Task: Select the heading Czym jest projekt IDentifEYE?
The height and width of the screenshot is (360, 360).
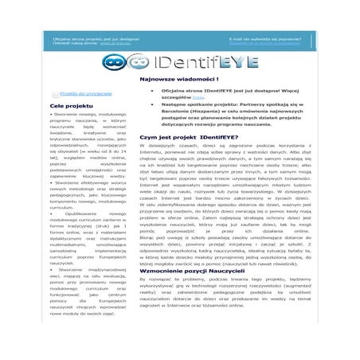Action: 186,138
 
